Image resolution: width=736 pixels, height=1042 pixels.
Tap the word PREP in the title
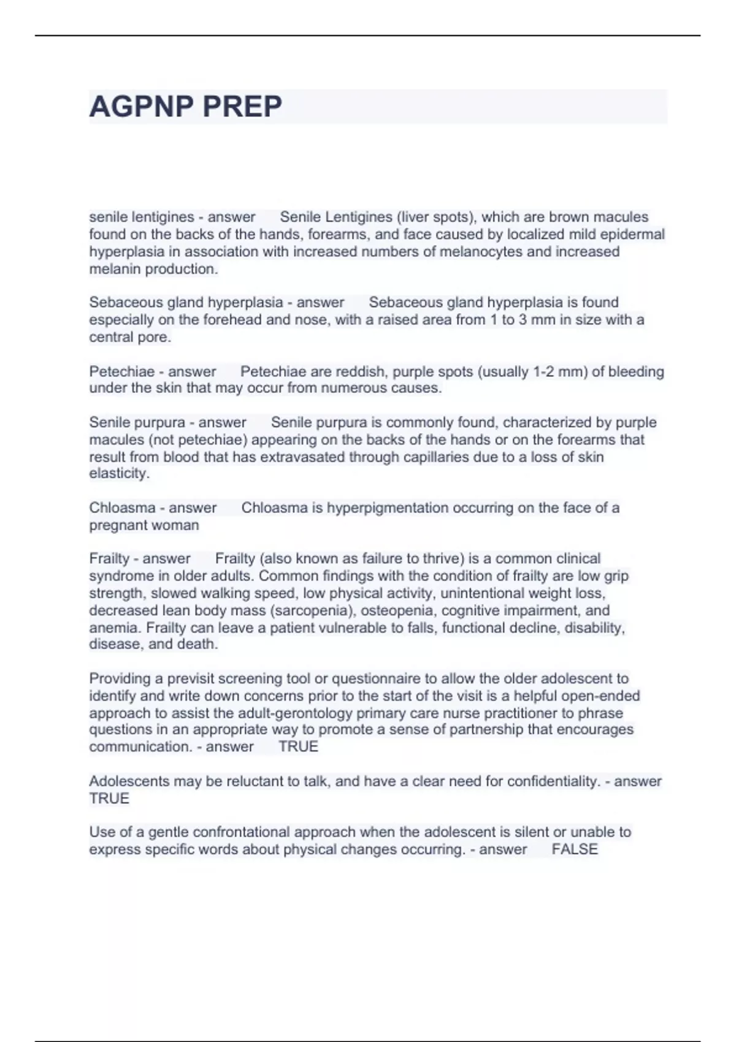(x=242, y=107)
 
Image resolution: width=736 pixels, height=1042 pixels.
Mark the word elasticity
(x=118, y=474)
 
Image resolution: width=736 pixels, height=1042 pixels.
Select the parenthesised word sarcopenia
(x=310, y=610)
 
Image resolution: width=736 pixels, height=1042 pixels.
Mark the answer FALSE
(x=575, y=850)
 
